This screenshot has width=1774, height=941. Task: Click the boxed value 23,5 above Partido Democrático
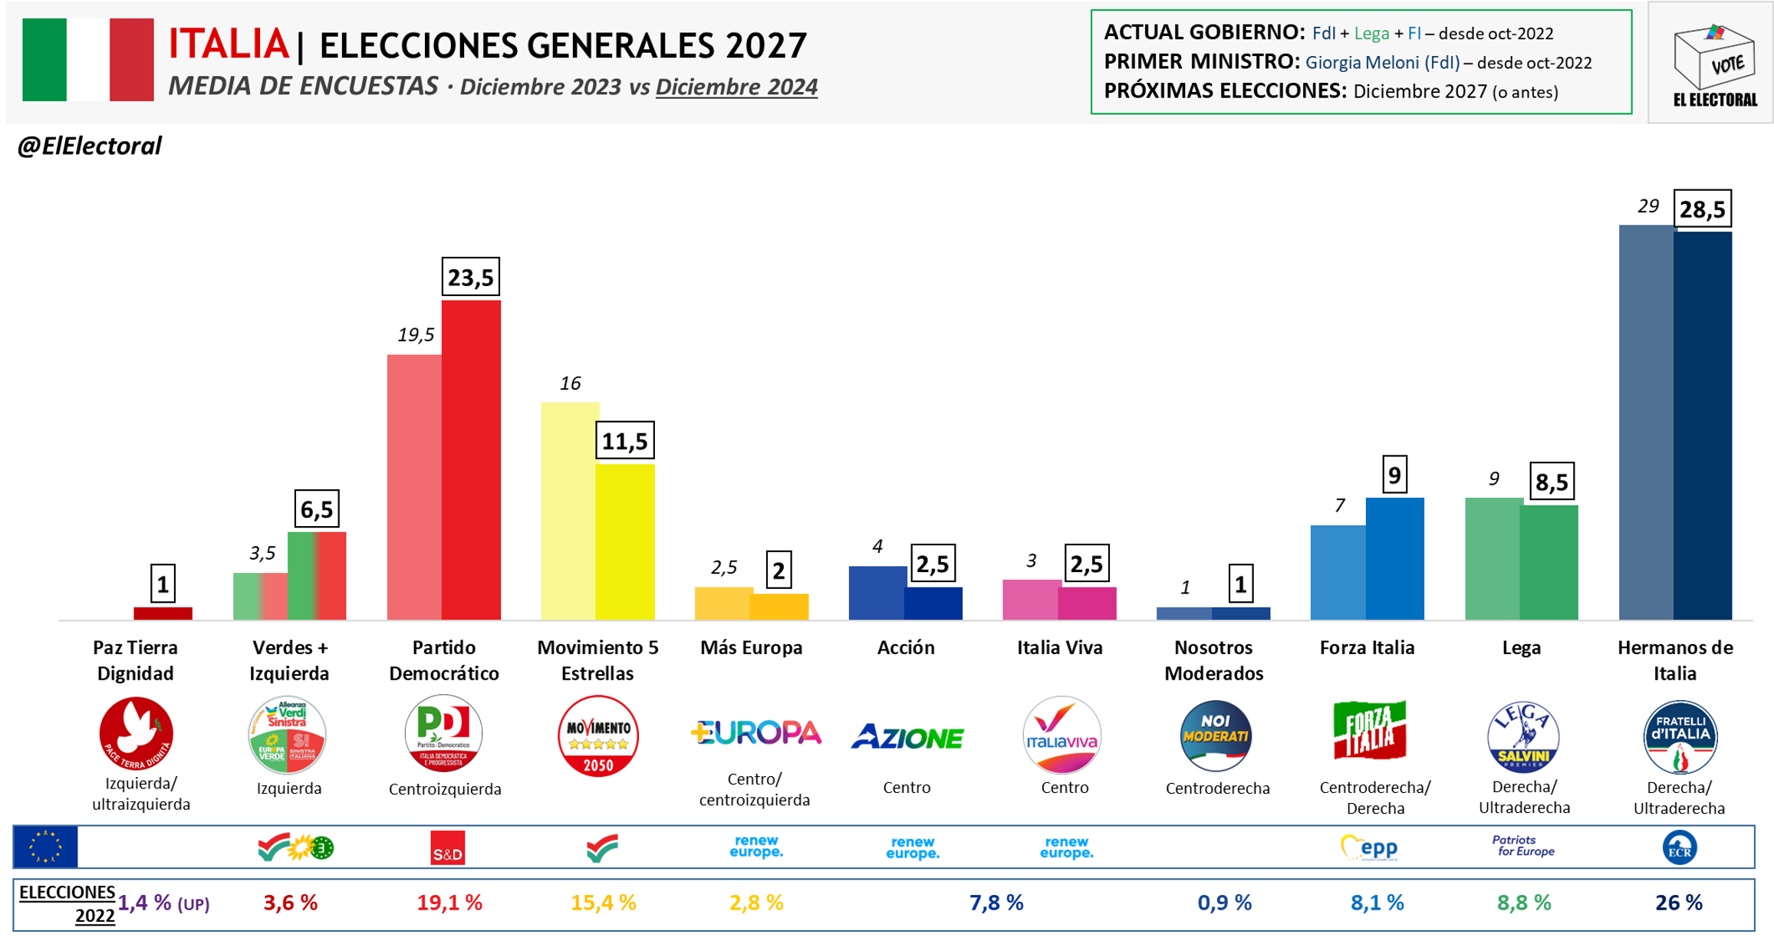click(470, 277)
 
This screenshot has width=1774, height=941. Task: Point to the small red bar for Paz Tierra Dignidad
click(163, 614)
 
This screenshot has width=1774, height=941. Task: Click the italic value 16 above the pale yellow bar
click(570, 383)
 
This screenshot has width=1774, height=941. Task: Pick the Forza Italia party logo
click(1370, 730)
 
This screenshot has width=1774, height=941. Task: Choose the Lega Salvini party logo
click(1522, 737)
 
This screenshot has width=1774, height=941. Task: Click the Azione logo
click(907, 738)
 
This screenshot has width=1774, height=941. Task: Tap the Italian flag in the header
click(88, 60)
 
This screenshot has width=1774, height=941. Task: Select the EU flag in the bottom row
click(46, 847)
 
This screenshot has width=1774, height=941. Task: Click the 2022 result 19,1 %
click(449, 903)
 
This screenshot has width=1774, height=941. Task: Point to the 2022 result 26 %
click(1678, 903)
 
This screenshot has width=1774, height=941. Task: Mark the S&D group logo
click(448, 848)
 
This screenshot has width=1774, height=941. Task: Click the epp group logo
click(1369, 847)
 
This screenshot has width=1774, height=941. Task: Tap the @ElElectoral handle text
click(90, 146)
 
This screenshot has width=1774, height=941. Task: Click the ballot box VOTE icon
click(1713, 58)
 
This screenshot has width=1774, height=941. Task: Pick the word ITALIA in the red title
click(229, 44)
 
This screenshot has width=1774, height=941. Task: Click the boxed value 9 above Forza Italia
click(1394, 475)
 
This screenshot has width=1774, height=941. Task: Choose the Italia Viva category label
click(1060, 648)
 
